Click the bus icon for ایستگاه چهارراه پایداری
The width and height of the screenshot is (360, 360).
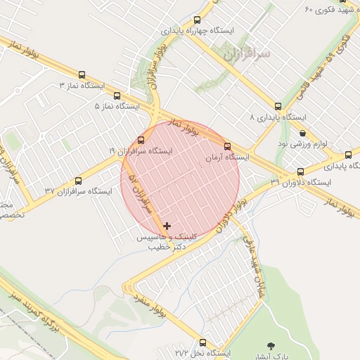click(x=197, y=20)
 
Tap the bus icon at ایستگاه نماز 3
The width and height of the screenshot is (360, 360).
click(x=82, y=75)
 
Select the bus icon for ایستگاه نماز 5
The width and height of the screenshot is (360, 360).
click(x=117, y=96)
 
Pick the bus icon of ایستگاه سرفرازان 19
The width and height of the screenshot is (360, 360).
click(x=141, y=140)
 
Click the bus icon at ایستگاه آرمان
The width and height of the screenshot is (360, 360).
click(x=226, y=147)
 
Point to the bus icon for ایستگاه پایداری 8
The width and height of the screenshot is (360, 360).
click(x=278, y=106)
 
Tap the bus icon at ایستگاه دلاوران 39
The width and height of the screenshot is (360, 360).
click(x=301, y=172)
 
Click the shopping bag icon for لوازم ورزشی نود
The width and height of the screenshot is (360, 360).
click(x=302, y=133)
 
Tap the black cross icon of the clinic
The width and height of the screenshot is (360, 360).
click(x=167, y=226)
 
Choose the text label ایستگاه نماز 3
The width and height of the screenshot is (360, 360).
click(x=82, y=86)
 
